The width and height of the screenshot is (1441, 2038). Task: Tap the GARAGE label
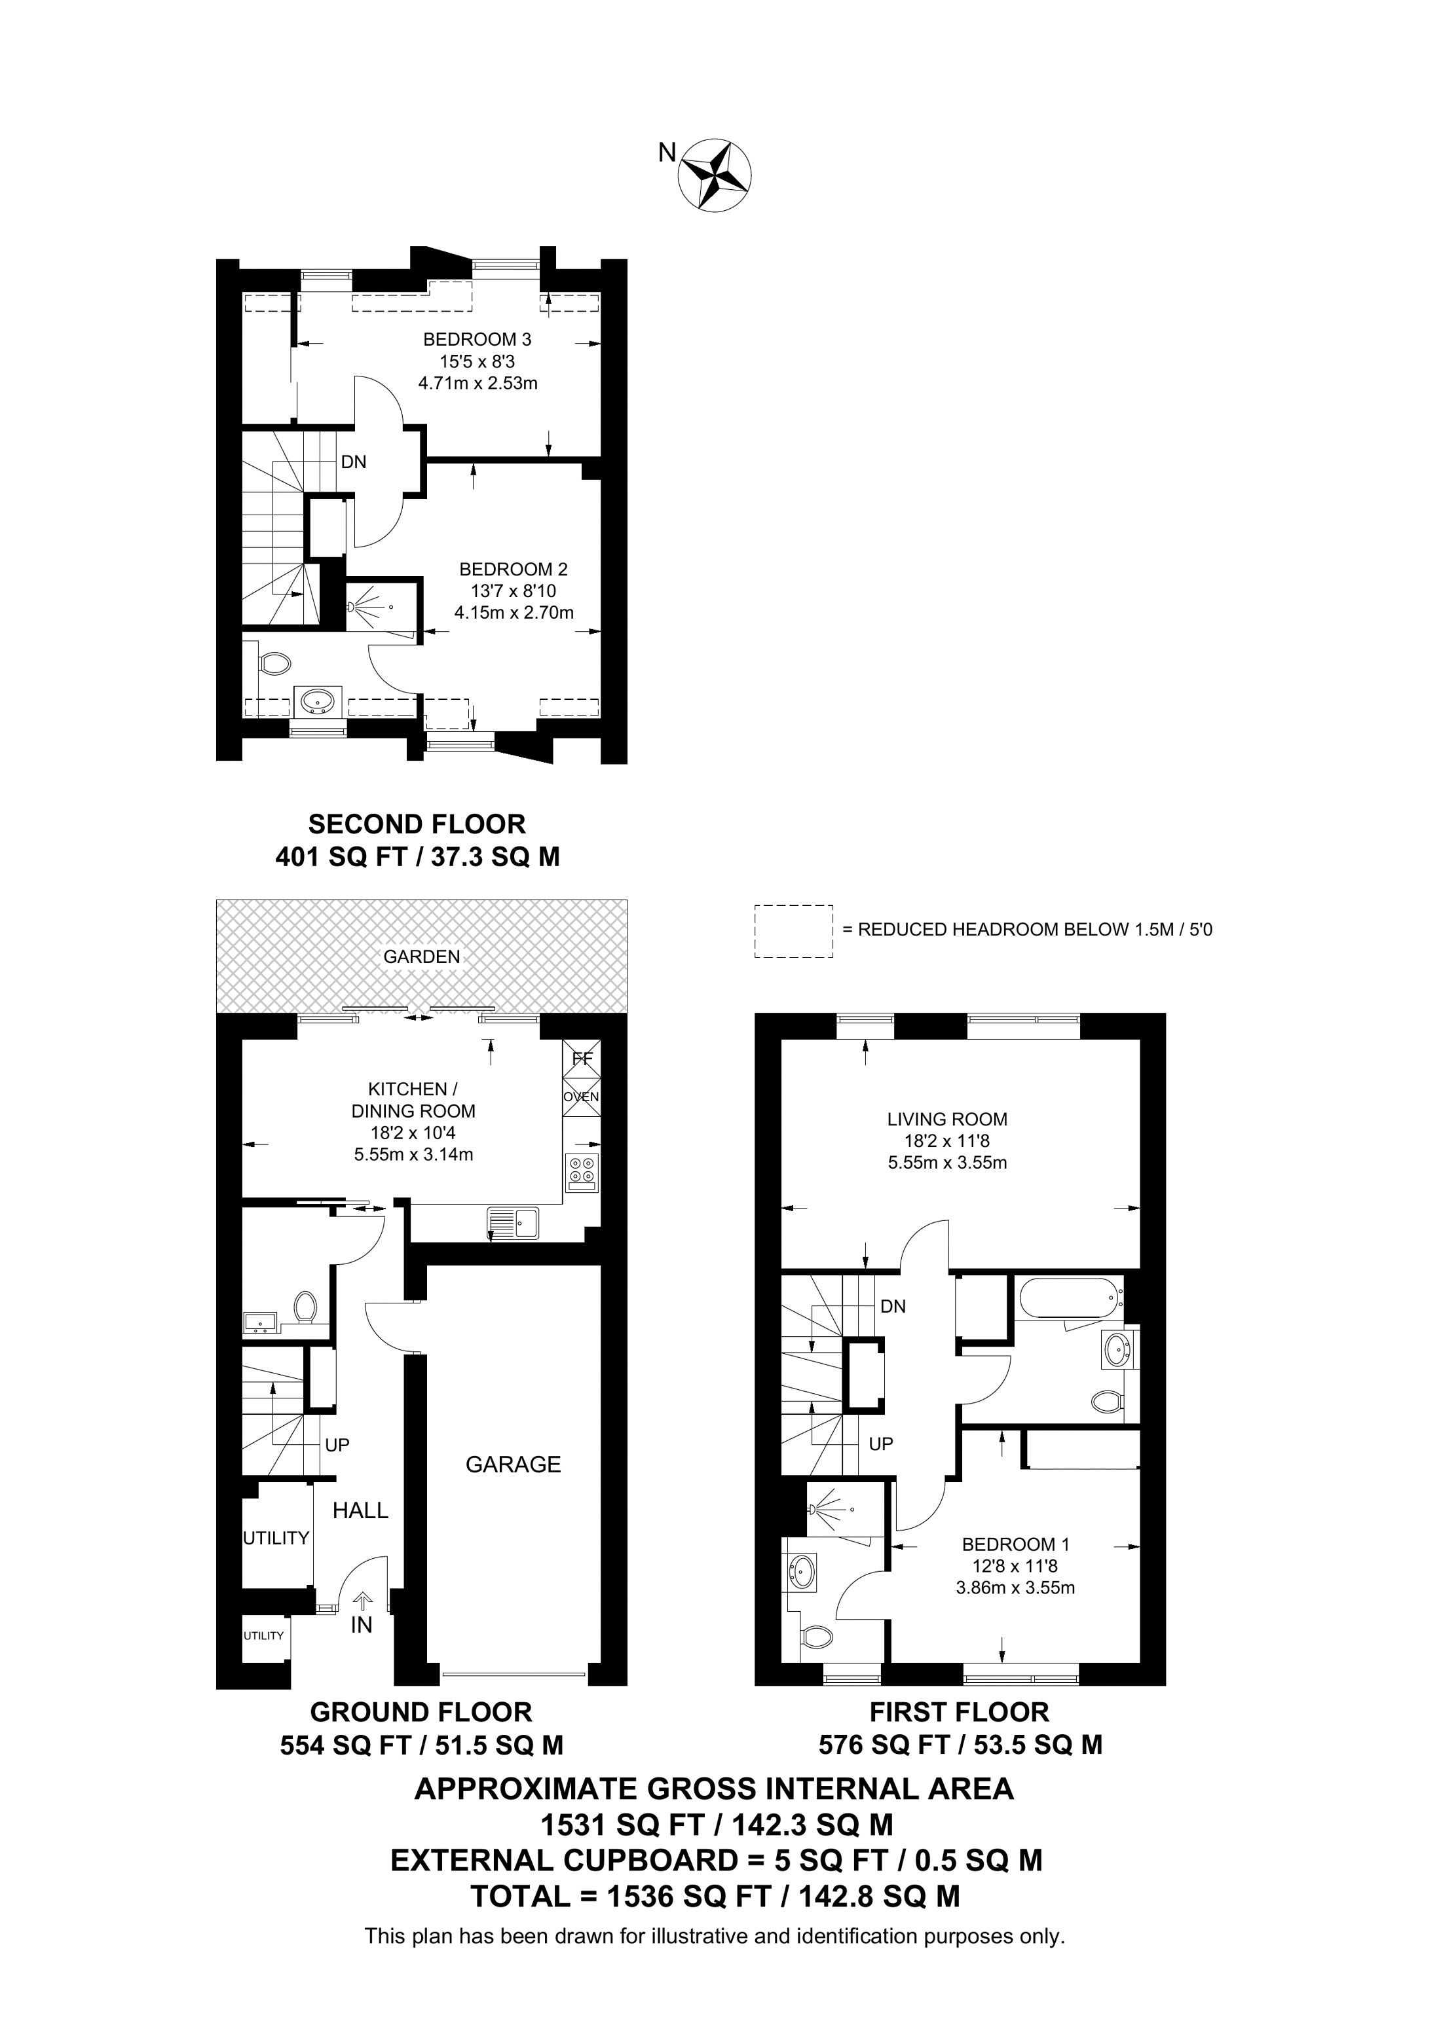pos(513,1464)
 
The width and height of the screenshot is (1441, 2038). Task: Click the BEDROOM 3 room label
pos(477,338)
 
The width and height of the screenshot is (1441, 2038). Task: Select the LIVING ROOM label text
pos(947,1119)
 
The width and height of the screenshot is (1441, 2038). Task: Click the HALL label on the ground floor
pos(360,1510)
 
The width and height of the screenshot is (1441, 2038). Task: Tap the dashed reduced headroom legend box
pos(794,931)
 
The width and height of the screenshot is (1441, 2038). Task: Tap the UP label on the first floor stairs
pos(881,1444)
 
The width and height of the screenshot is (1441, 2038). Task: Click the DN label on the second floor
pos(353,462)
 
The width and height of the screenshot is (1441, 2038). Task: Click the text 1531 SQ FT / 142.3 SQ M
pos(717,1824)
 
